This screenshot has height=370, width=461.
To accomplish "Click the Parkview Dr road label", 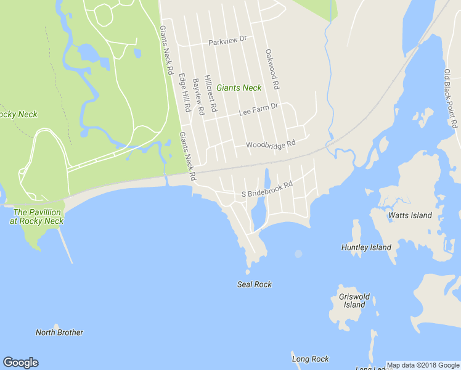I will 227,41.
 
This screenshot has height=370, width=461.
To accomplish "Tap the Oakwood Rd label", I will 272,69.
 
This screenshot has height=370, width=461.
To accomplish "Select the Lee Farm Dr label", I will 258,110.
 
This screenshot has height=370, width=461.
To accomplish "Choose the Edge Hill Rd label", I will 184,92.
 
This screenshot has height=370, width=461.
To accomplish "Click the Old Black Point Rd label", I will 452,99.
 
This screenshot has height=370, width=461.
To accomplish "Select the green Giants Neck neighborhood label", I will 239,88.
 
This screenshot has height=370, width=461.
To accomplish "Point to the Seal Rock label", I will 254,284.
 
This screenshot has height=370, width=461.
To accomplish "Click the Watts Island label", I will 410,216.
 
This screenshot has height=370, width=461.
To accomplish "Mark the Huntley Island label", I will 366,247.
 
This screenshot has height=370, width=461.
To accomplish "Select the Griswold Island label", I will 354,301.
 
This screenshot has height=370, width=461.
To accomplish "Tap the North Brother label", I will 59,332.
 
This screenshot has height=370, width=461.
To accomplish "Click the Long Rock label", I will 310,359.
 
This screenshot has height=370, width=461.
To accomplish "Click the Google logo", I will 20,363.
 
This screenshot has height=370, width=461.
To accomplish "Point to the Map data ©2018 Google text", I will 423,365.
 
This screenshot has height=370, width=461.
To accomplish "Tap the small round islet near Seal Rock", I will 298,253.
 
